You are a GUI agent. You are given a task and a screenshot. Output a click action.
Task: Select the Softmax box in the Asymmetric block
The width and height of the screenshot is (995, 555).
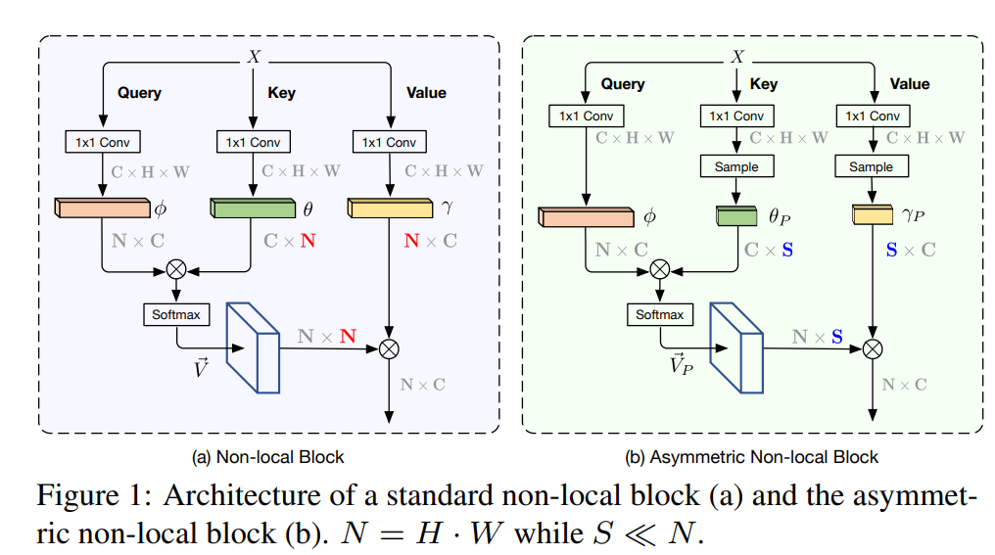coord(660,315)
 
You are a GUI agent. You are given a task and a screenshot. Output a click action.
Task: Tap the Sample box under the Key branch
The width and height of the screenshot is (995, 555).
coord(735,166)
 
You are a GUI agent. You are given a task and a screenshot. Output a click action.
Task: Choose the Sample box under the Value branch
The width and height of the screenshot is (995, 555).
coord(871,166)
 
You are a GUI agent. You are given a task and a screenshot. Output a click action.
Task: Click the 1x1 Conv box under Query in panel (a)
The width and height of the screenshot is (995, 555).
coord(102,142)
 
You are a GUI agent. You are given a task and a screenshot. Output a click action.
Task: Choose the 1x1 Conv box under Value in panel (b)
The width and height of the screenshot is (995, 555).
coord(871,116)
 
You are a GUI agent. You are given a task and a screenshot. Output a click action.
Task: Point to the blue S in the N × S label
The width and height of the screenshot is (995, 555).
coord(836,337)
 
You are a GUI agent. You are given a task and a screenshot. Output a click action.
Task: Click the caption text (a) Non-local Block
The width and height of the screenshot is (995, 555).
coord(267,456)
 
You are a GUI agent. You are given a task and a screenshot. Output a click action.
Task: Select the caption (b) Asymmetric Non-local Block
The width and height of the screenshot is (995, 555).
coord(752,456)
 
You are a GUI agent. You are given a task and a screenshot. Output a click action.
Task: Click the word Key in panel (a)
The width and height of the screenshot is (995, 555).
coord(281,93)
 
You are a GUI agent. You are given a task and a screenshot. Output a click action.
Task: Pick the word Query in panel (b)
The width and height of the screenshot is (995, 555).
coord(622,84)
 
